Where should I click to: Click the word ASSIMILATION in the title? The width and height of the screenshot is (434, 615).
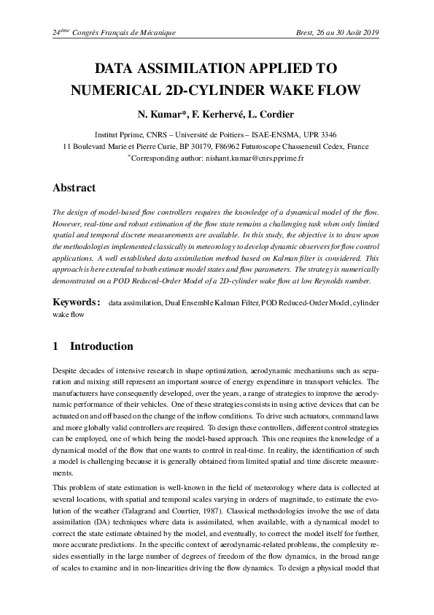pos(193,70)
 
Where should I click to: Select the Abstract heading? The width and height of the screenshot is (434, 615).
pos(74,188)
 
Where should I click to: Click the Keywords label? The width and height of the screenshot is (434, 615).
pos(76,302)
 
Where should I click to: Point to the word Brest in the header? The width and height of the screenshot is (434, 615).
pos(300,33)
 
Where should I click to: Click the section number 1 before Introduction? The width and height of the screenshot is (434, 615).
pos(55,346)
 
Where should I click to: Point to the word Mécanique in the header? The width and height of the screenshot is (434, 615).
pos(155,33)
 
